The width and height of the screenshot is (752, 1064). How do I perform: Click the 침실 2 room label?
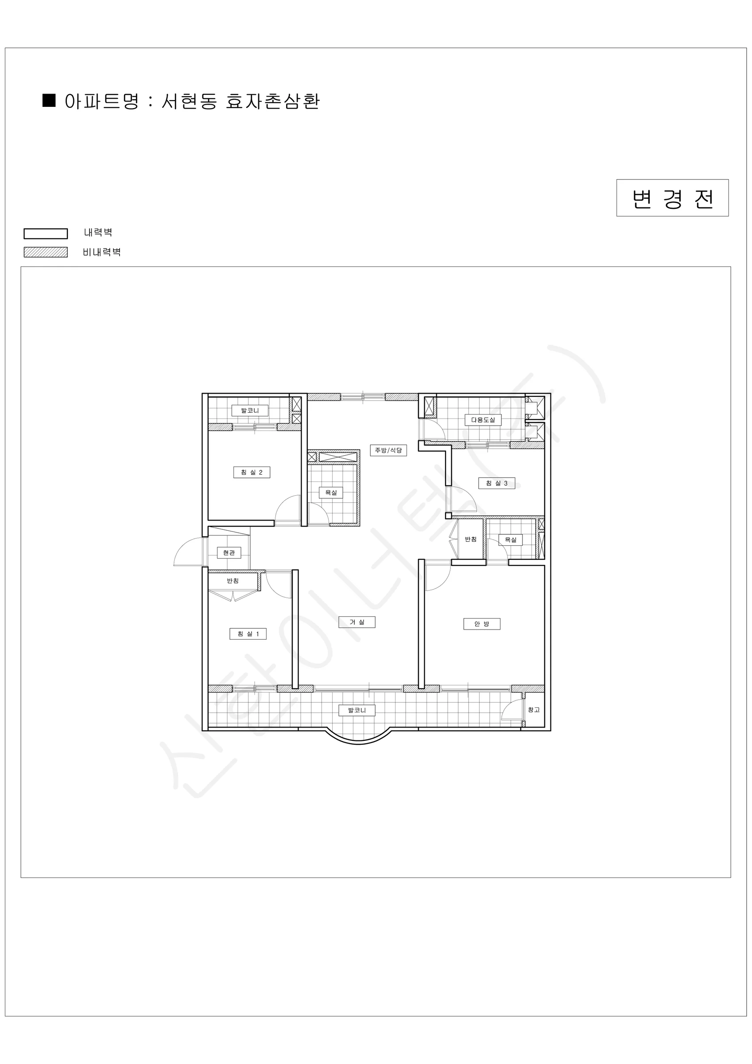pos(252,472)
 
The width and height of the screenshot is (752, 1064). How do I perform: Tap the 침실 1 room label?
pos(248,634)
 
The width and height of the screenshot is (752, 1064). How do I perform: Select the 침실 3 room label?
pos(496,483)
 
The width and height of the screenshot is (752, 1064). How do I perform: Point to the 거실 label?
pos(357,622)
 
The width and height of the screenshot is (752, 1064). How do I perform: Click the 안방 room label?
pos(481,624)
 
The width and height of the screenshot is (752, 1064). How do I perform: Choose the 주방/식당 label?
pos(388,450)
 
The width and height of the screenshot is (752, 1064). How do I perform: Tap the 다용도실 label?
pos(483,420)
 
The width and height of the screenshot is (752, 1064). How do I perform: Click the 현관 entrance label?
pos(229,552)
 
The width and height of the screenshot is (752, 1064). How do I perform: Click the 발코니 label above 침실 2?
pos(250,411)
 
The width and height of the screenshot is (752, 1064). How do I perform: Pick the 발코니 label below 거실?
pos(357,710)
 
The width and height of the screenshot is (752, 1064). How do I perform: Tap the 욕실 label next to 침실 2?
pos(331,492)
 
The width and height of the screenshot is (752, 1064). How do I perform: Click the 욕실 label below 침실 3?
pos(510,540)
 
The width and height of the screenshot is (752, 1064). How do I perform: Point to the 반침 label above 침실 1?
pos(233,581)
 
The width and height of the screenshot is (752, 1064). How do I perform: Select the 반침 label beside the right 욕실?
pos(470,539)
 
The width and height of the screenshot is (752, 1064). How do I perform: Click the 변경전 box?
pos(672,198)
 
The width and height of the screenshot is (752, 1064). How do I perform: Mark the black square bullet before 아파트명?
pos(49,101)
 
